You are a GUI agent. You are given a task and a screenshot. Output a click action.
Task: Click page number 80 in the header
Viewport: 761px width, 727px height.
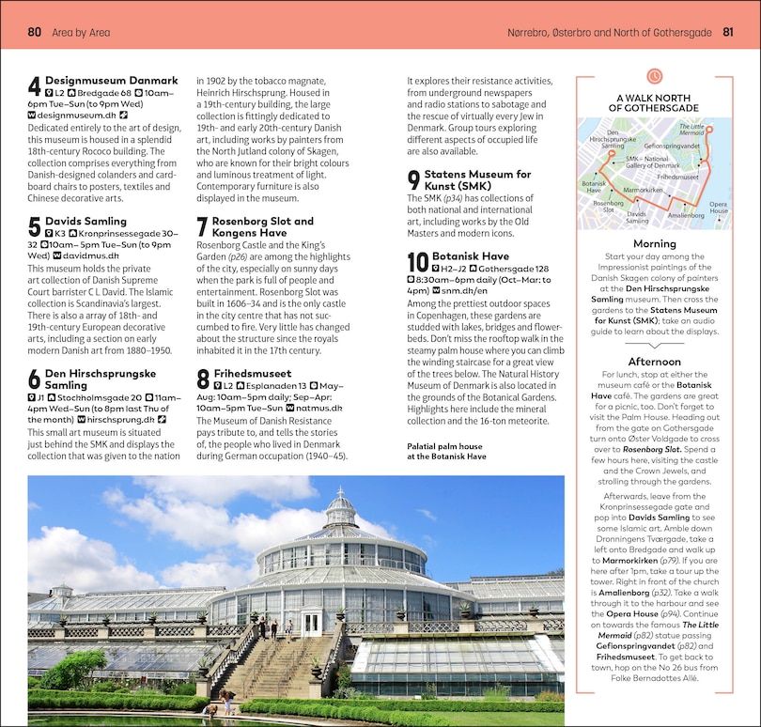(x=34, y=33)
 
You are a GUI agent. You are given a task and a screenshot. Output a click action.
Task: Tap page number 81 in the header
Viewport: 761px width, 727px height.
(x=728, y=33)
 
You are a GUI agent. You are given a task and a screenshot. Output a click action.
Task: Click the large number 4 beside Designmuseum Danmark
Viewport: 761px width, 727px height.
(x=34, y=87)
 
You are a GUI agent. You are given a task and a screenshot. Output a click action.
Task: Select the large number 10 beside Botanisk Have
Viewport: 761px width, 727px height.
(x=417, y=262)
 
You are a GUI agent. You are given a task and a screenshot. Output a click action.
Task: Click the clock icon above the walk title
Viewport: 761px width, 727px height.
(x=654, y=75)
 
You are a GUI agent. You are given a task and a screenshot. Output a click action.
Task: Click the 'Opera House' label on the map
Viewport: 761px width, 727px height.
(x=718, y=208)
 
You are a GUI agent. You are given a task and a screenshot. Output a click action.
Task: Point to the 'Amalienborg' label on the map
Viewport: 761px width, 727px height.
(x=685, y=215)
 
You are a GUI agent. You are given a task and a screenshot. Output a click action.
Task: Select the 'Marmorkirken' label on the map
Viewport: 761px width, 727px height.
(x=643, y=191)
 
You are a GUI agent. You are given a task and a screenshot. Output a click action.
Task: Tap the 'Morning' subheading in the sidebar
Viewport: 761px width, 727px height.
(x=654, y=244)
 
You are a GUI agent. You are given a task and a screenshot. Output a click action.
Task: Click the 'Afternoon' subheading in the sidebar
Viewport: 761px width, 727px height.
(x=654, y=362)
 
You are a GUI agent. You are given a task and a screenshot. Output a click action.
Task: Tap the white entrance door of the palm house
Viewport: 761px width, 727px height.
(x=311, y=623)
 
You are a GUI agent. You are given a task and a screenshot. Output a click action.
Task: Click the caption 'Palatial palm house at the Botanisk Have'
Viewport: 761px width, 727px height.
(x=446, y=451)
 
